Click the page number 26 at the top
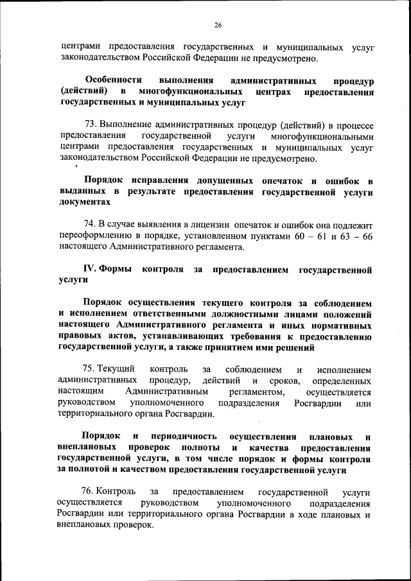click(218, 25)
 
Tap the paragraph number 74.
click(90, 224)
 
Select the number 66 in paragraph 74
click(367, 235)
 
